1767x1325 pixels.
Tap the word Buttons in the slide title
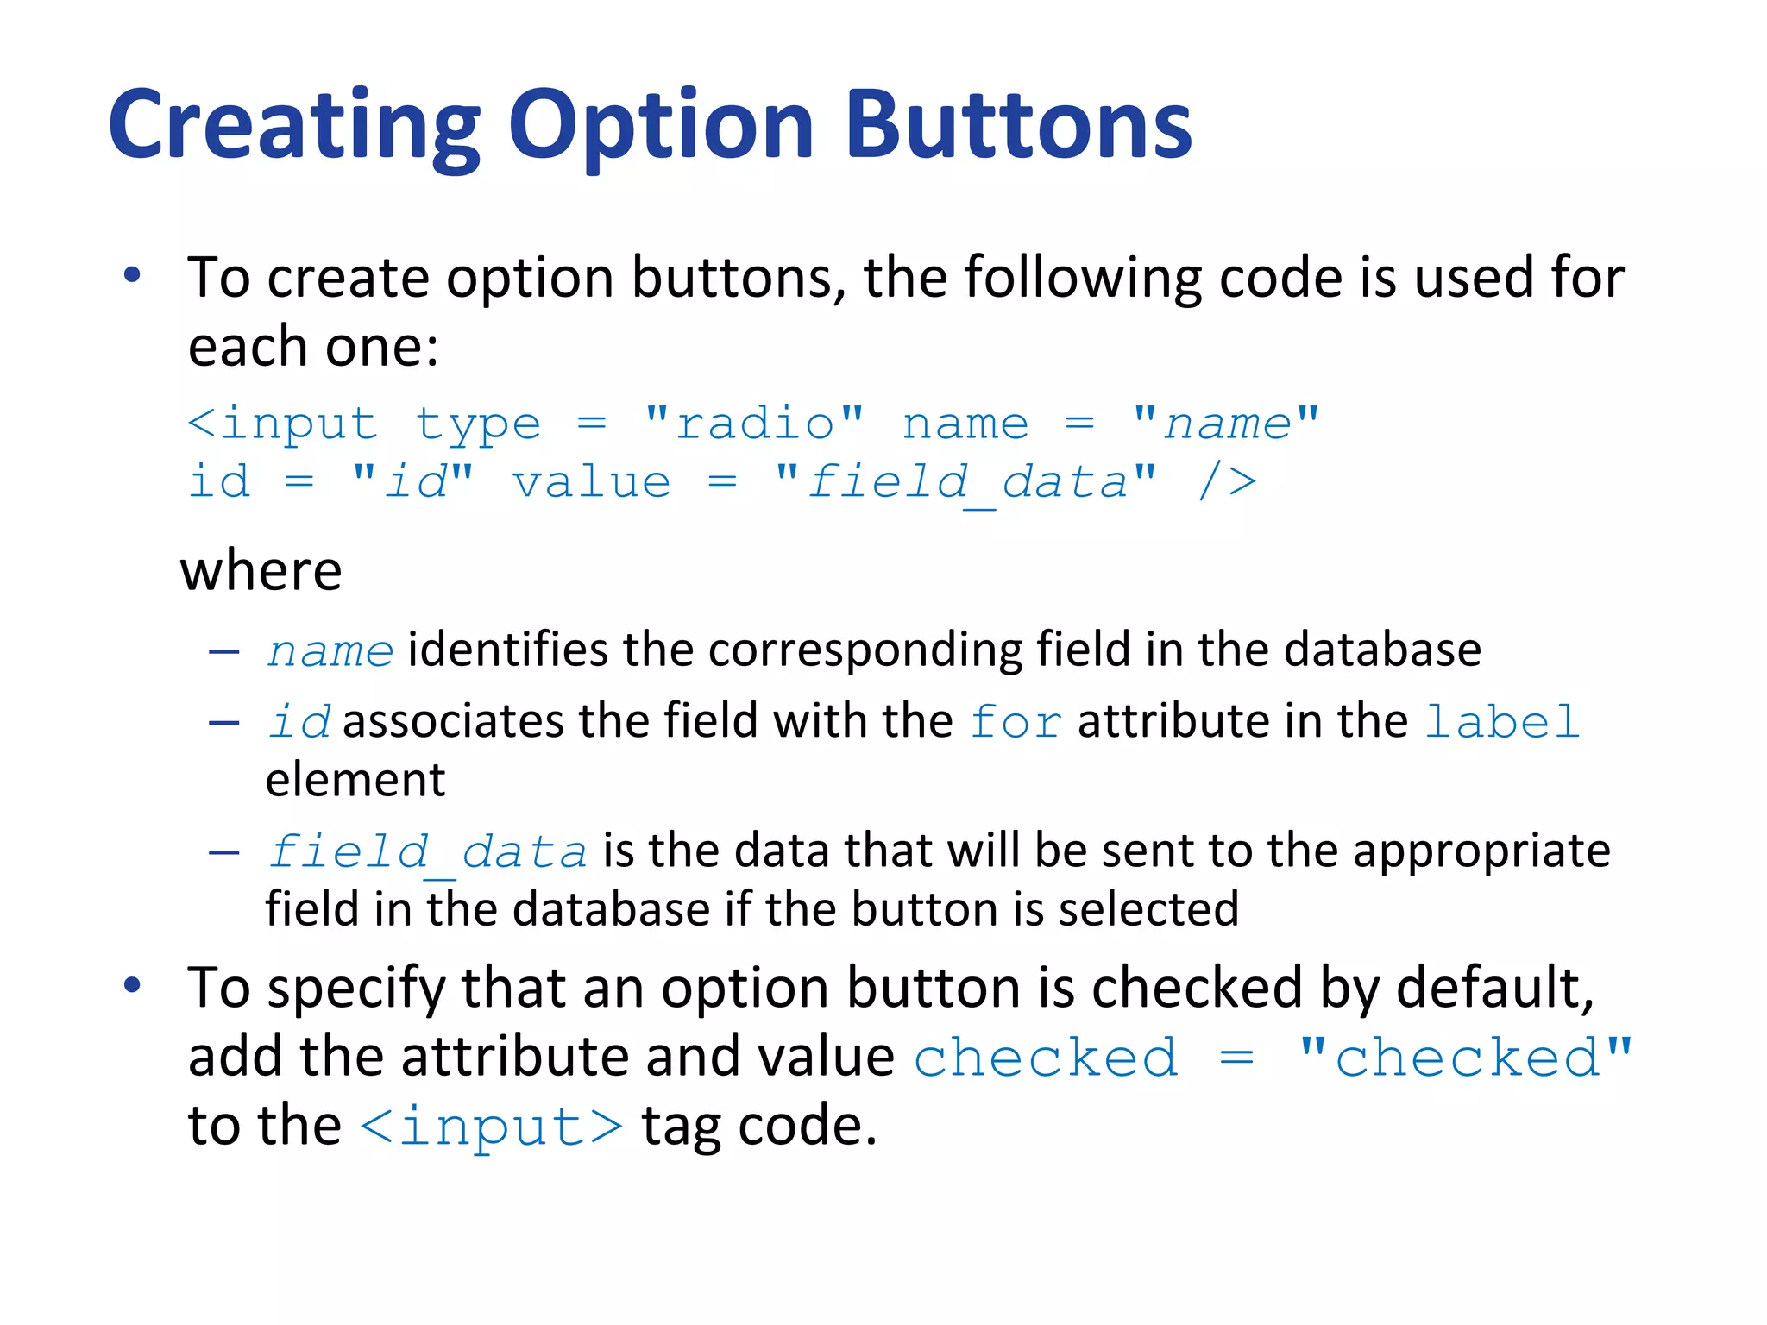pos(1018,125)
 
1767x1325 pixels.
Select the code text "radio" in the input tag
pos(754,424)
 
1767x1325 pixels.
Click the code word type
pos(478,425)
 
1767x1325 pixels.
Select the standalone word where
pos(261,570)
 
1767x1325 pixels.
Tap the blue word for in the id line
pos(1016,721)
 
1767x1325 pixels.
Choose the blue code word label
pos(1501,721)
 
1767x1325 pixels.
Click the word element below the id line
pos(355,780)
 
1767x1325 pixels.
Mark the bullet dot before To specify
pos(132,984)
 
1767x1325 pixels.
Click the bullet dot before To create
pos(132,275)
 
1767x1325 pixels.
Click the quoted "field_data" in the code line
pos(966,482)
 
